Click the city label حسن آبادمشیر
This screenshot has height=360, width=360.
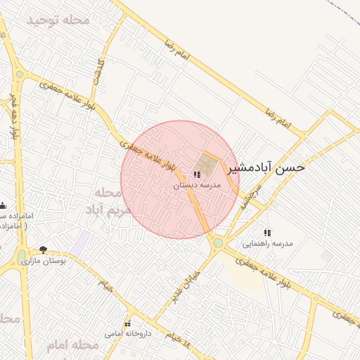pos(271,168)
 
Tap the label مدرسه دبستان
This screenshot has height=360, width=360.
pos(198,185)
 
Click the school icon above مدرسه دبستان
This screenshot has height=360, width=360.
pos(196,174)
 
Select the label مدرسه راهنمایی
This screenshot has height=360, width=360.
pos(267,244)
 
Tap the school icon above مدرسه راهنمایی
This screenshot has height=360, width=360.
pos(266,233)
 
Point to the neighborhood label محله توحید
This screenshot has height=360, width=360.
pos(58,20)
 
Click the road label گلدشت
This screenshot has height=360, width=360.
pos(98,72)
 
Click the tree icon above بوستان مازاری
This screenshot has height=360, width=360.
pos(44,249)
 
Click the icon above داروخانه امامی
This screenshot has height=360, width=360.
pos(127,323)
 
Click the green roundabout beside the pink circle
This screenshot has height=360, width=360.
pos(218,243)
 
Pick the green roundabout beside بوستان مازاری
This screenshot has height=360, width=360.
pos(21,257)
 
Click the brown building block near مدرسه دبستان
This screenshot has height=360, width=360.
pos(207,163)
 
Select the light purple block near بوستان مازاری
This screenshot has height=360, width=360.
pos(79,243)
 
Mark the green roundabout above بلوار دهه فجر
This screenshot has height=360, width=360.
pos(20,75)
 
